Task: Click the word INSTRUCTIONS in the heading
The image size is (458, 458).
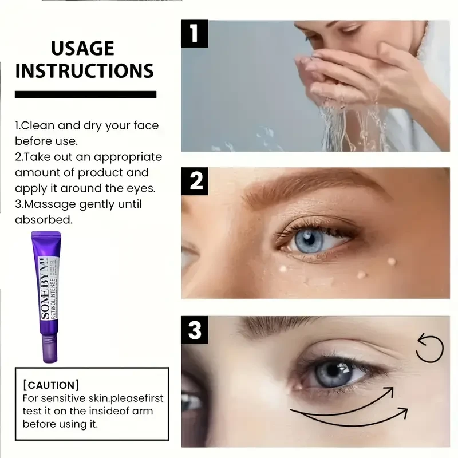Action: (85, 70)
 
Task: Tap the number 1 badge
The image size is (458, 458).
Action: (195, 34)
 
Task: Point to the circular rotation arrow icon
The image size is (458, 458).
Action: (429, 349)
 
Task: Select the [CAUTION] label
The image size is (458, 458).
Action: (51, 385)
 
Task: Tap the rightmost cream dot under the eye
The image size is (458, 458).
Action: (392, 261)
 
